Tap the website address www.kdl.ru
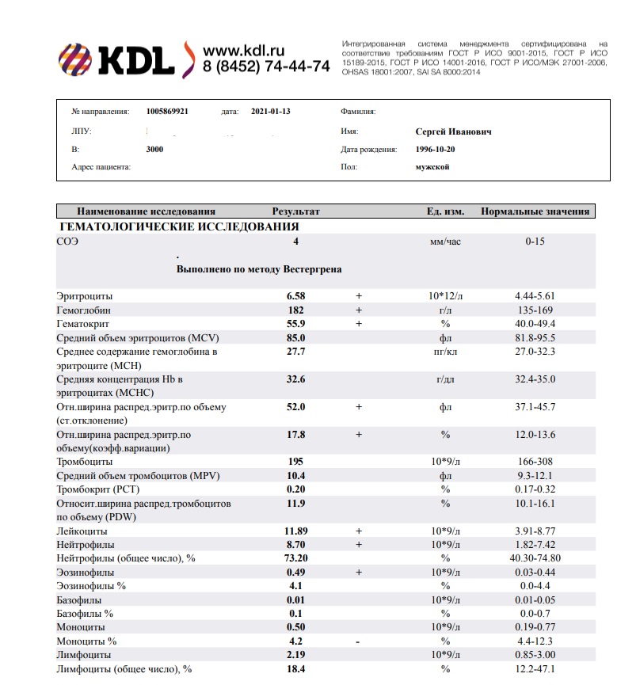coord(244,49)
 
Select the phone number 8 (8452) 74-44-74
coord(266,67)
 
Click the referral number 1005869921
coord(168,112)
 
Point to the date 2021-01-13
coord(271,112)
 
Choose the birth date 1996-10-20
coord(437,149)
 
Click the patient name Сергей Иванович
coord(453,131)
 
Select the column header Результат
coord(295,211)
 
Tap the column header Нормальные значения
coord(535,211)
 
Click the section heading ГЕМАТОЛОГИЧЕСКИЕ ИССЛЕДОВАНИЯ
coord(180,226)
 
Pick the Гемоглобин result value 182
coord(295,310)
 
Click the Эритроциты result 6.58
coord(295,295)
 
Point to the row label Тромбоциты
coord(85,461)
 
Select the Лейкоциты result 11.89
coord(295,531)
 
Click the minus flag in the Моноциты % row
coord(358,641)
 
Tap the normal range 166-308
coord(535,461)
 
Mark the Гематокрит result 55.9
coord(295,324)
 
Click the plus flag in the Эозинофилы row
coord(358,572)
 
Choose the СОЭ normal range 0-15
coord(535,242)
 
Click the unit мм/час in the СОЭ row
coord(444,242)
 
